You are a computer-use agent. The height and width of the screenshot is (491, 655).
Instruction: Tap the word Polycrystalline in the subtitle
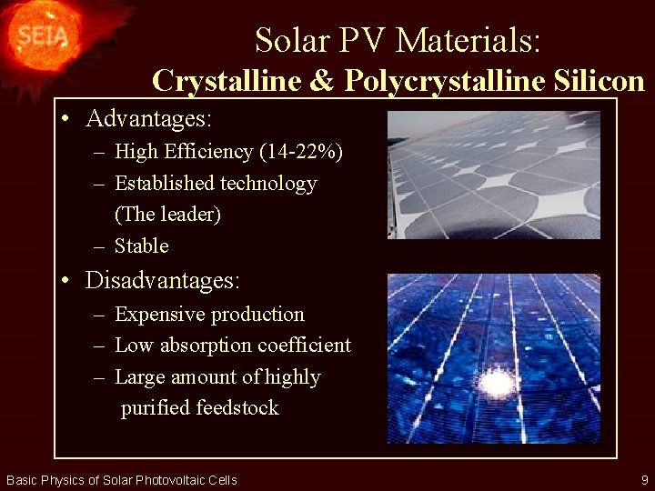[445, 81]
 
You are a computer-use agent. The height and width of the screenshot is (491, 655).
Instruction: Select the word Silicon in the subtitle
[599, 81]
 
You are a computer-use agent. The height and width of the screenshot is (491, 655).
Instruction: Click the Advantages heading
[148, 118]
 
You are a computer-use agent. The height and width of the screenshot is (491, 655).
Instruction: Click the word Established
[164, 184]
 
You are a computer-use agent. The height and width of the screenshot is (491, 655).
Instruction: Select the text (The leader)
[167, 215]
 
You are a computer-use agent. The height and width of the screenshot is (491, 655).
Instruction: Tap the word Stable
[141, 246]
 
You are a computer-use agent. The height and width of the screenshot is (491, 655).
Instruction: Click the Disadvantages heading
[163, 280]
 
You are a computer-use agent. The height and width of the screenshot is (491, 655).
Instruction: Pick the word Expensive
[159, 315]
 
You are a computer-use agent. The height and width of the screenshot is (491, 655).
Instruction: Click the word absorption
[210, 346]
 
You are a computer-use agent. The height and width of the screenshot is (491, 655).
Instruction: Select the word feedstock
[238, 408]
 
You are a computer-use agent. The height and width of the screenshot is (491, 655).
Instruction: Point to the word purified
[156, 408]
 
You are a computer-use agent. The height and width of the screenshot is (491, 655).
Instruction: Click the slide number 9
[644, 479]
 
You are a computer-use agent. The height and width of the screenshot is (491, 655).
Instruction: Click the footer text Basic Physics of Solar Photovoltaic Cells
[121, 480]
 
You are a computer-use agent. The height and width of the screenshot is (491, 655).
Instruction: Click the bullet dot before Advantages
[68, 120]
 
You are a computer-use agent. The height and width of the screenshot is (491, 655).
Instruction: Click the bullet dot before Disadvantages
[68, 282]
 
